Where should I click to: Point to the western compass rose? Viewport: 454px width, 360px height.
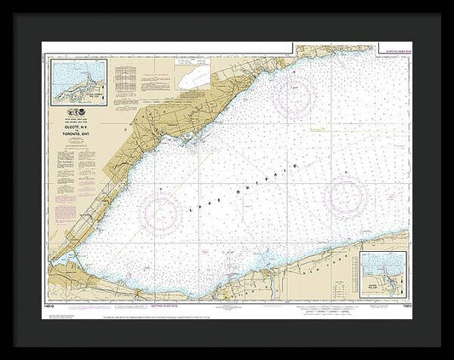click(x=161, y=212)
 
